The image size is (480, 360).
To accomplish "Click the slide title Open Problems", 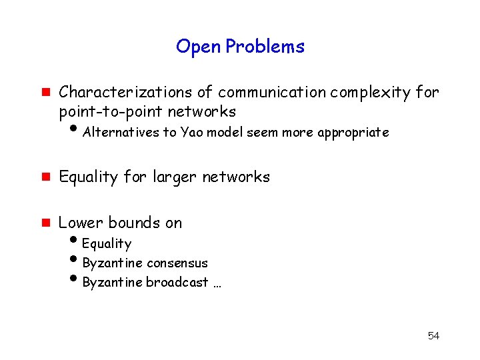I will click(240, 47).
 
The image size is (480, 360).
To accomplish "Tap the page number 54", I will click(433, 335).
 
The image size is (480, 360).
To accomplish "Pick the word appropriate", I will click(353, 133).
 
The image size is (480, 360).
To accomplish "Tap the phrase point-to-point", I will click(110, 111).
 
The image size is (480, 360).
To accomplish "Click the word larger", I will click(176, 177).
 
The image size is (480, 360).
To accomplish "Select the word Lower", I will click(81, 223).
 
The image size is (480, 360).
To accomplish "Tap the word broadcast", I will click(177, 282).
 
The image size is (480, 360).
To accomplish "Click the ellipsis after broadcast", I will click(217, 283).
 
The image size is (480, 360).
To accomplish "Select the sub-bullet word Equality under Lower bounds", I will click(107, 244).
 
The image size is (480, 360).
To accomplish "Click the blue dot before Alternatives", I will click(73, 130).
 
